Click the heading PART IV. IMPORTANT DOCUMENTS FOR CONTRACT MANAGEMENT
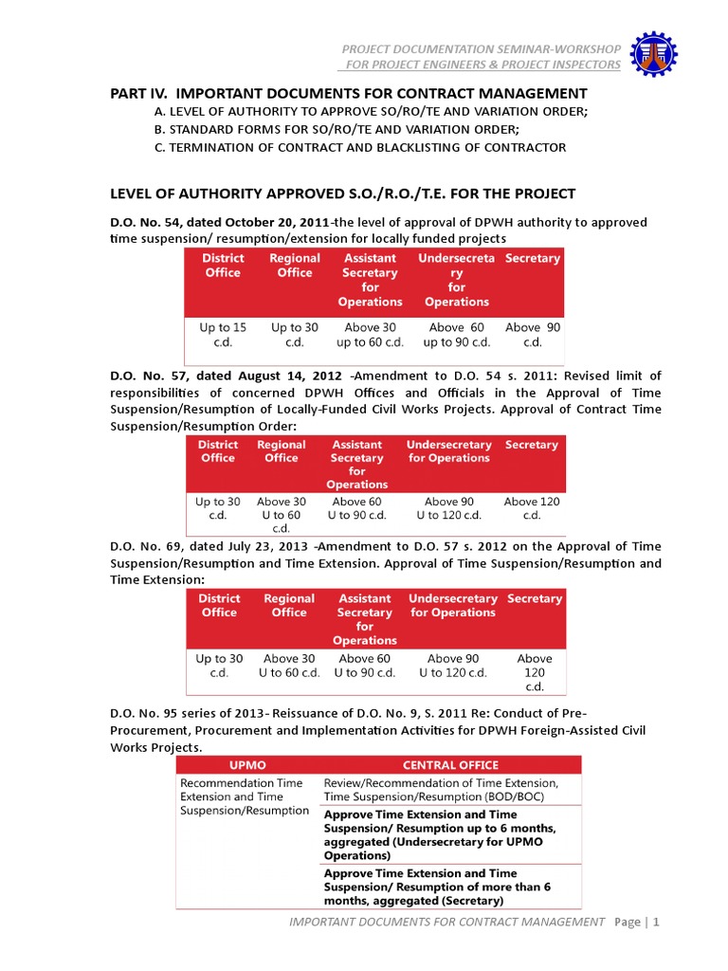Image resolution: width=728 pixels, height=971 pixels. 349,93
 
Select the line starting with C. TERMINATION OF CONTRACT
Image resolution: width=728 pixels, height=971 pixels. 360,147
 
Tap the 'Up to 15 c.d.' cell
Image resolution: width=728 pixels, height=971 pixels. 223,335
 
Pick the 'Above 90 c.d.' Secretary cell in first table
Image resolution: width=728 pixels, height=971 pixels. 533,335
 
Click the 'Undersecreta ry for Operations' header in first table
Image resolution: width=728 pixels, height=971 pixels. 456,280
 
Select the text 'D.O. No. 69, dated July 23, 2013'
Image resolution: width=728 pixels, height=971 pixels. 210,547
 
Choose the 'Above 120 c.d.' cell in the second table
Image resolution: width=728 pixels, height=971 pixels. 532,508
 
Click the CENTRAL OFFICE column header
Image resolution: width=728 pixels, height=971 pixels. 450,764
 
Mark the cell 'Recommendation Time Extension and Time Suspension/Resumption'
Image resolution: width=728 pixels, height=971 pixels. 245,797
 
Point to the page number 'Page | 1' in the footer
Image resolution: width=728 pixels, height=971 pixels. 636,921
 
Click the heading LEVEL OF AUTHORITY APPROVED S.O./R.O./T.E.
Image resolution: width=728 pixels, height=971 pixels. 343,193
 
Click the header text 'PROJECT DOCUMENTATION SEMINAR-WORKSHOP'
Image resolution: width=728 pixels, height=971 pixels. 482,48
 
